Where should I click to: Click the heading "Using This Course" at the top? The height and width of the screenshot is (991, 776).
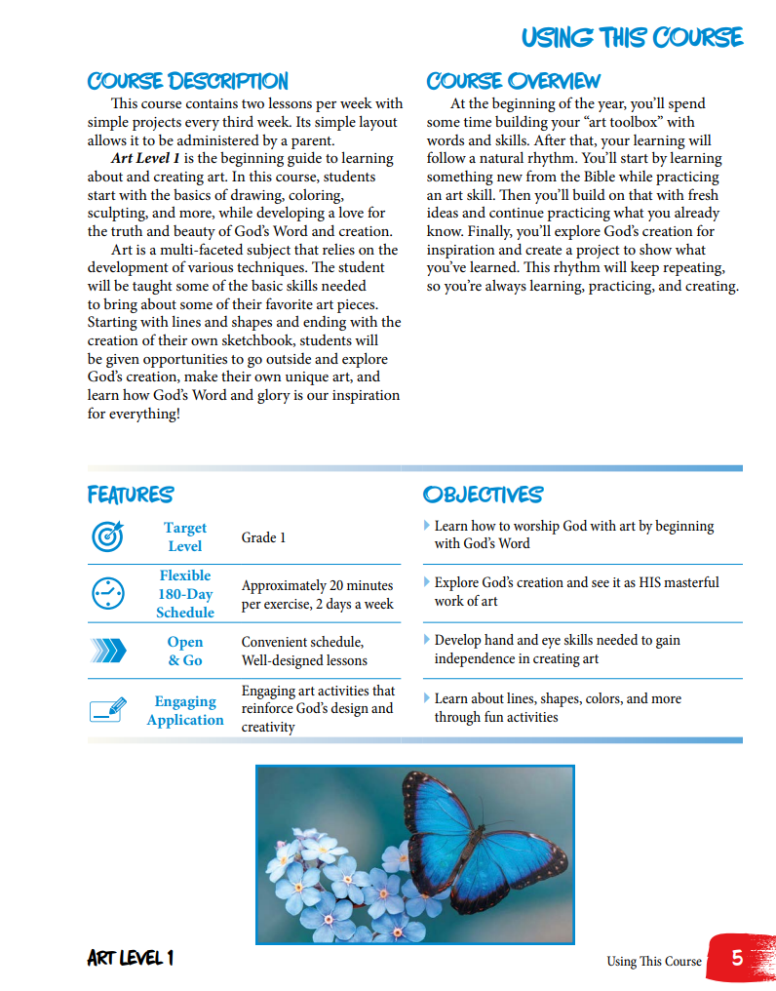tap(632, 37)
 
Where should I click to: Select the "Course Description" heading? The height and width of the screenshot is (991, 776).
tap(187, 81)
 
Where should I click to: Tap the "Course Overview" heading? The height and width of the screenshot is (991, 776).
tap(514, 81)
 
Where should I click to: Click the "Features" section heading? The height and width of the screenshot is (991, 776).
tap(131, 495)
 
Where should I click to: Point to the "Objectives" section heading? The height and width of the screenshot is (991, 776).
tap(483, 495)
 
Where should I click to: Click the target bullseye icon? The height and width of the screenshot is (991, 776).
tap(107, 536)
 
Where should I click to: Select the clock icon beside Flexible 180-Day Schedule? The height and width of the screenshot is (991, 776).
tap(107, 593)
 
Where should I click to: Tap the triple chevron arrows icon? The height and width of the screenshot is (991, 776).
tap(107, 651)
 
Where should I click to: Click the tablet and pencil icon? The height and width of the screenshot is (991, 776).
tap(107, 709)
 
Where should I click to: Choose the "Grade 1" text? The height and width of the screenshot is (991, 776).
tap(263, 537)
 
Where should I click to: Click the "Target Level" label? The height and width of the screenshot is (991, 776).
tap(184, 536)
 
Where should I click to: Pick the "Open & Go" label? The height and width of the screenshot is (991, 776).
tap(184, 651)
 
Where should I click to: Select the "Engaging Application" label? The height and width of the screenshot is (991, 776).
tap(184, 710)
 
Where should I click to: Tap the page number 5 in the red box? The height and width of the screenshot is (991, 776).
tap(737, 958)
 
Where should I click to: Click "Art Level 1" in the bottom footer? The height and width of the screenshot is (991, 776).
tap(131, 958)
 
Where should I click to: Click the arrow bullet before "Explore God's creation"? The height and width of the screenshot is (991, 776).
tap(427, 581)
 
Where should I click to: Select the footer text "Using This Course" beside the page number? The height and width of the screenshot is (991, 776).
tap(653, 961)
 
